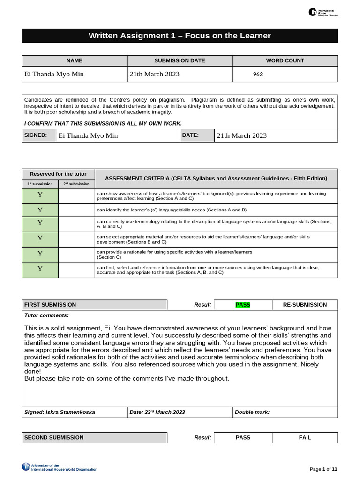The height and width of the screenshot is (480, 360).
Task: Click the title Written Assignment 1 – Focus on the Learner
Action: (180, 36)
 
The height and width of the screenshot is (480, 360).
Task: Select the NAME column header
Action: (75, 60)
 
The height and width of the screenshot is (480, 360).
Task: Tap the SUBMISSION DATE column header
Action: (180, 60)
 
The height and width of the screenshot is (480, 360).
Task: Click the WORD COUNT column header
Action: (285, 60)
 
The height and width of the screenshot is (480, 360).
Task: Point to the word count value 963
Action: (258, 74)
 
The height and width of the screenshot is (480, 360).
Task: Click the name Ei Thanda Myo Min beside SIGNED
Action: (88, 135)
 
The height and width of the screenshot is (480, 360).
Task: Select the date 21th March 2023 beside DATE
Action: (241, 135)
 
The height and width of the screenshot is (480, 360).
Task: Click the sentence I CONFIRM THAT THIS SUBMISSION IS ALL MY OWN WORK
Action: (103, 123)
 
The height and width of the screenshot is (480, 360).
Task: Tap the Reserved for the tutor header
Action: (58, 174)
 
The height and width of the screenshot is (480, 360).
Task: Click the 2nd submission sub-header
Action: (76, 184)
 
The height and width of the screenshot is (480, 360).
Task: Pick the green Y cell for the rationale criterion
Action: (40, 254)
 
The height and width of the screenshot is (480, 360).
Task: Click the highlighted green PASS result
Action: (243, 305)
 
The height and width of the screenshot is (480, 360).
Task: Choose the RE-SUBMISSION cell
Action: (305, 305)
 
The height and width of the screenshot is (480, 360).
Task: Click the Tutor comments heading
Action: (46, 315)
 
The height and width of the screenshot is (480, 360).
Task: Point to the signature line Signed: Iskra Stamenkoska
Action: (60, 412)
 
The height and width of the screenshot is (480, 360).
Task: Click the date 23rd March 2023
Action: (157, 412)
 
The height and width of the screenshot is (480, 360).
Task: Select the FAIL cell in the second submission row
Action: (305, 437)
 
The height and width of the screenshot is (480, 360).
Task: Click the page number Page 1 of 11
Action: (323, 469)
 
